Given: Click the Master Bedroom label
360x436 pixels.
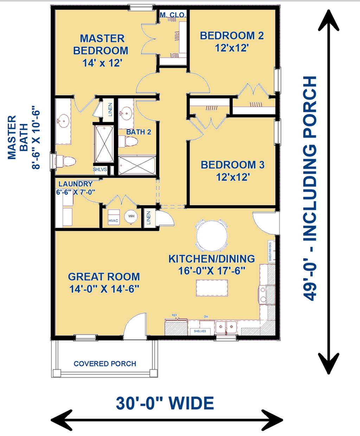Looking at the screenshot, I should [101, 44].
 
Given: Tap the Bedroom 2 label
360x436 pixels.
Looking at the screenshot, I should [232, 35].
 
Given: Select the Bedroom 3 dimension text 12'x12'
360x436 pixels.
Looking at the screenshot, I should [233, 177].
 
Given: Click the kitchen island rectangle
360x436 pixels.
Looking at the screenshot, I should [212, 288].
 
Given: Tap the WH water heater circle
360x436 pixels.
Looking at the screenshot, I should [131, 216].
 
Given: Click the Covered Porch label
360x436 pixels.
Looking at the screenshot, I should [105, 364].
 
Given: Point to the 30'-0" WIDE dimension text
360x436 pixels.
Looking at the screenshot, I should [165, 403].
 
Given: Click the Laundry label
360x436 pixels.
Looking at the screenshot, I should [76, 184].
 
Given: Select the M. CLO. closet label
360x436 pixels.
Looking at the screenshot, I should [173, 15].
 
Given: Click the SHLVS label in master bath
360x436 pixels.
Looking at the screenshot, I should [99, 169].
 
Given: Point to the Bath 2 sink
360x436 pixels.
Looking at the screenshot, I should [126, 113].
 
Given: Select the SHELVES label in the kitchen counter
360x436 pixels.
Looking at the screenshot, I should [200, 331].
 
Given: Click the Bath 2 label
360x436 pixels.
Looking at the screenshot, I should [139, 132].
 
